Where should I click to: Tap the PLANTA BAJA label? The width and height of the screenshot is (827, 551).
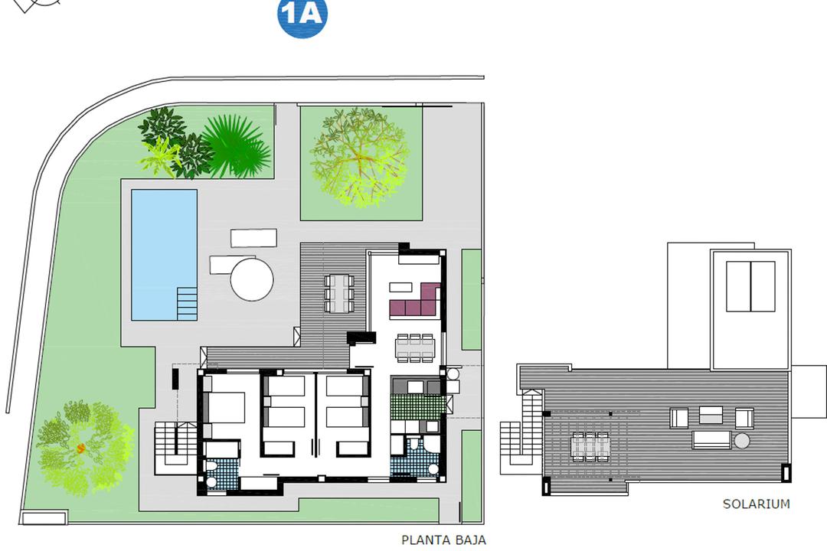443,540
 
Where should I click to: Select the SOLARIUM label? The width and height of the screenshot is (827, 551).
756,504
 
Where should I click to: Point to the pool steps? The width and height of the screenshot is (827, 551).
187,303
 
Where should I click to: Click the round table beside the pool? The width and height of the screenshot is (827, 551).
252,279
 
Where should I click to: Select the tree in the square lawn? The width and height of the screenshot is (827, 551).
361,157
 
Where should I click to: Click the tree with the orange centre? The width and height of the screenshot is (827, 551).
81,448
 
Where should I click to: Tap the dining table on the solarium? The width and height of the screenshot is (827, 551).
590,446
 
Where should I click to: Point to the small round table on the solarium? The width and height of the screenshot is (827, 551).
742,441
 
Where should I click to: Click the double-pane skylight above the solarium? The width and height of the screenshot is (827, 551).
750,286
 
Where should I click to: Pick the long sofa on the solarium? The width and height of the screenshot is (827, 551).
713,439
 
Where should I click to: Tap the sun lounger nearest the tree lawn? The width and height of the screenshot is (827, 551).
254,238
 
